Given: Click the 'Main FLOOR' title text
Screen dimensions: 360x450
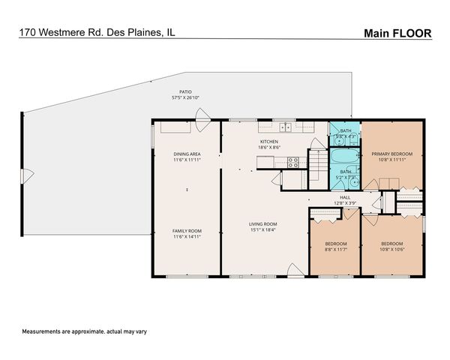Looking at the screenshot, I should coord(397,33).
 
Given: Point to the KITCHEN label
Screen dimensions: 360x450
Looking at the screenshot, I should coord(269,142).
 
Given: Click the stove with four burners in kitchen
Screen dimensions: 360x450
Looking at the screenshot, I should coord(293,160).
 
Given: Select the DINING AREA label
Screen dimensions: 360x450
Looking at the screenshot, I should coord(186,154).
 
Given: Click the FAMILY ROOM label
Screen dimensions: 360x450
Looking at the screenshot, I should coord(186,230).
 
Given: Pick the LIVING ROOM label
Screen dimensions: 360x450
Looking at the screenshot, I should coord(263,223).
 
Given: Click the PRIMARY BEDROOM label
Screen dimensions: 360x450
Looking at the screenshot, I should coord(392,154).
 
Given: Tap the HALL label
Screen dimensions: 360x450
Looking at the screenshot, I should coord(346,197).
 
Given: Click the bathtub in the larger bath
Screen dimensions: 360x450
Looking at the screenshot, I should coord(346,157).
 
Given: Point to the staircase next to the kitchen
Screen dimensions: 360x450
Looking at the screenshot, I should coord(319,161).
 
